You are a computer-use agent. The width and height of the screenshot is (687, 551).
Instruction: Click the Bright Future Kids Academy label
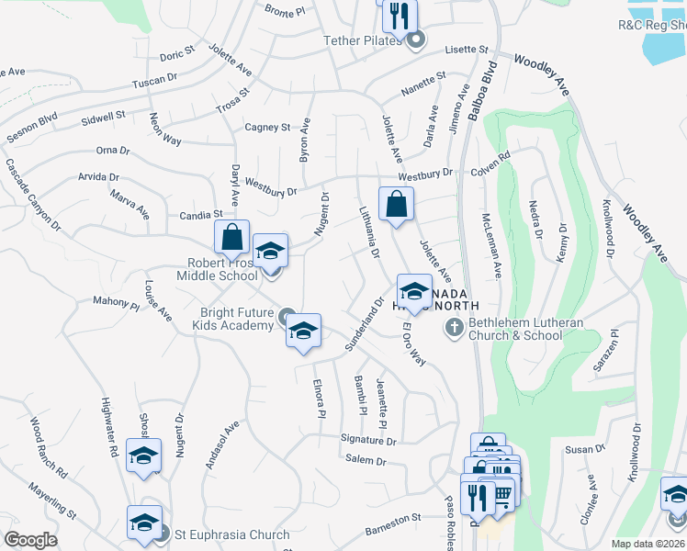(x=238, y=320)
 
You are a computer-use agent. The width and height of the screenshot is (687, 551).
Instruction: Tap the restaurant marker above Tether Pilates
(x=400, y=15)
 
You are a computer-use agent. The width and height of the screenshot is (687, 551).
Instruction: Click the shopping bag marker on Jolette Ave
(x=396, y=205)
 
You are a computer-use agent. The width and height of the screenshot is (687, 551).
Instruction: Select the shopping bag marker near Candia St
(x=232, y=237)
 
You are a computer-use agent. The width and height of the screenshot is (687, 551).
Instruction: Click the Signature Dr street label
(x=367, y=441)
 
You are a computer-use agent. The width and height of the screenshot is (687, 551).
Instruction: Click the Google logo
(x=31, y=540)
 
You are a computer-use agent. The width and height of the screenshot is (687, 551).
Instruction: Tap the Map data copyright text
(x=647, y=544)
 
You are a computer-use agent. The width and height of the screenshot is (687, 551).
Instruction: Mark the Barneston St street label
(x=392, y=518)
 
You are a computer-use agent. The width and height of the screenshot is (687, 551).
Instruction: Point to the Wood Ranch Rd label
(x=49, y=447)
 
